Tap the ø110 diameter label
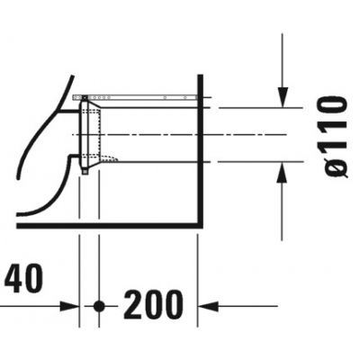click(x=335, y=135)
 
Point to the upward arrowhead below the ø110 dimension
click(x=283, y=170)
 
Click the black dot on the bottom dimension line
click(x=99, y=307)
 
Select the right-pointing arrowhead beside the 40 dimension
click(x=72, y=307)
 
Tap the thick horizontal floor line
click(x=108, y=225)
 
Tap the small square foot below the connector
click(x=85, y=170)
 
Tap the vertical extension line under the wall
click(x=198, y=270)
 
